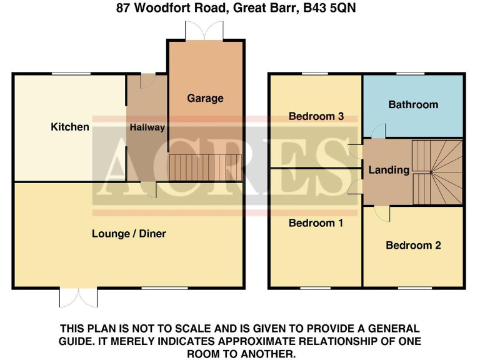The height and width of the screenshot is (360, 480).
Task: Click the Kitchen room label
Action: tap(70, 127)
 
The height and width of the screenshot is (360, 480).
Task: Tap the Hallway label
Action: tap(147, 127)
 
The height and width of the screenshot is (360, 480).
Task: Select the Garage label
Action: tap(205, 98)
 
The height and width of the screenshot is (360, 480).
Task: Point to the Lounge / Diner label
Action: tap(129, 234)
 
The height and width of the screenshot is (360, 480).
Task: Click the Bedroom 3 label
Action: tap(316, 116)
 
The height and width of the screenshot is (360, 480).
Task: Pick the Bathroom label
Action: tap(413, 104)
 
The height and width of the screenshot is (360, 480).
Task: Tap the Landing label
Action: tap(389, 169)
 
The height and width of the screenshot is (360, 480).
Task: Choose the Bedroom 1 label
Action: tap(316, 223)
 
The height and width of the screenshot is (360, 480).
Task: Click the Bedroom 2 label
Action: tap(413, 245)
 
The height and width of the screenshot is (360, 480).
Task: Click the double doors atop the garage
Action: tap(204, 31)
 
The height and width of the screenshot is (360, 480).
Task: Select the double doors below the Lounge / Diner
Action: tap(79, 297)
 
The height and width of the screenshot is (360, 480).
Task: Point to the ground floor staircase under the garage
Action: tap(205, 167)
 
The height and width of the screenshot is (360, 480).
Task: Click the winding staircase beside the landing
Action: tap(437, 172)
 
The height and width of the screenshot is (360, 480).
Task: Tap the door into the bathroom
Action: tap(379, 131)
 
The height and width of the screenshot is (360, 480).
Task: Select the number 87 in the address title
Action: tap(124, 8)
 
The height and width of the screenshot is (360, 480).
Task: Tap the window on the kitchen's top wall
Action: tap(70, 74)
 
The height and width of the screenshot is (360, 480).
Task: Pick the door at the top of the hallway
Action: tap(148, 81)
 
